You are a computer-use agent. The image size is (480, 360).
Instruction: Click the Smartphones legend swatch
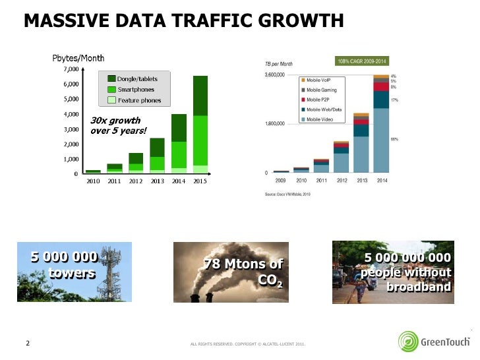pos(111,89)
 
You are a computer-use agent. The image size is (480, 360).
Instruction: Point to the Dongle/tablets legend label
pos(137,79)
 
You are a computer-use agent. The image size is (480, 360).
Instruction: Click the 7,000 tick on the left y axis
pos(71,69)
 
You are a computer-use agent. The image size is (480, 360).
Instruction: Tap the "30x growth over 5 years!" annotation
pos(118,125)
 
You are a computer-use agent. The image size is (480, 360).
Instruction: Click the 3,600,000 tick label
pos(274,75)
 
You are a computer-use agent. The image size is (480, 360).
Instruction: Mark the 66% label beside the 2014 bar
pos(394,140)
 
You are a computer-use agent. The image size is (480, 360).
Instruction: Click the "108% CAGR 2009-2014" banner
pos(361,61)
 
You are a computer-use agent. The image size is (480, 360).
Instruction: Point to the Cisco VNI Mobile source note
pos(287,193)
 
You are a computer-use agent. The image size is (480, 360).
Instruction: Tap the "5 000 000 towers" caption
pos(66,264)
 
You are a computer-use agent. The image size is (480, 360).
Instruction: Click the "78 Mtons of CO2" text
pos(244,272)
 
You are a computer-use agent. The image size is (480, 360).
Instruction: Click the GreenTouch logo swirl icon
pos(408,341)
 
